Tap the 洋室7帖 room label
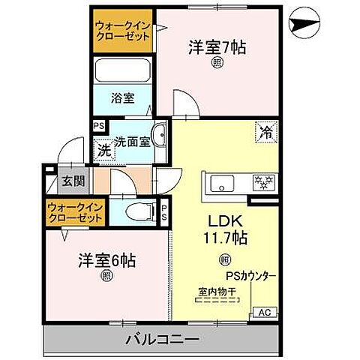coord(217,46)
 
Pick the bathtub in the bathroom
coord(123,73)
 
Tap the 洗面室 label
coord(131,141)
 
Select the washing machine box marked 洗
coord(104,150)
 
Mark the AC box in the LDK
coord(263,313)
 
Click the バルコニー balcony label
coord(162,339)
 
